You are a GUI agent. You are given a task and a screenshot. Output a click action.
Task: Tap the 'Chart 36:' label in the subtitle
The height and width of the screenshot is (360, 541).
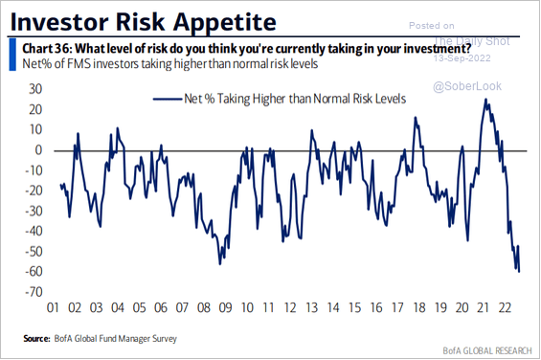pyautogui.click(x=40, y=50)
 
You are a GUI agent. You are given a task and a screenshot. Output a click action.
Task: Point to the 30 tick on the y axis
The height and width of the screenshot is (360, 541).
pyautogui.click(x=35, y=89)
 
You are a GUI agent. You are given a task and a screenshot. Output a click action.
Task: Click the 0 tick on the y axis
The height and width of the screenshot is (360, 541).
pyautogui.click(x=39, y=149)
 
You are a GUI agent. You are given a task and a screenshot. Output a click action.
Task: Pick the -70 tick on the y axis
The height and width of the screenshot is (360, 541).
pyautogui.click(x=34, y=291)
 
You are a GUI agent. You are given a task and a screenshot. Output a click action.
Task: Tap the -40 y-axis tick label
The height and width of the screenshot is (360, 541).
pyautogui.click(x=34, y=231)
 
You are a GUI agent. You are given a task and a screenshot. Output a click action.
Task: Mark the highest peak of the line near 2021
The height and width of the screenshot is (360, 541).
pyautogui.click(x=486, y=99)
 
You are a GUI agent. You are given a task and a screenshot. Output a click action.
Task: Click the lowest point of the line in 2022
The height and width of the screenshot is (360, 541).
pyautogui.click(x=519, y=271)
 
